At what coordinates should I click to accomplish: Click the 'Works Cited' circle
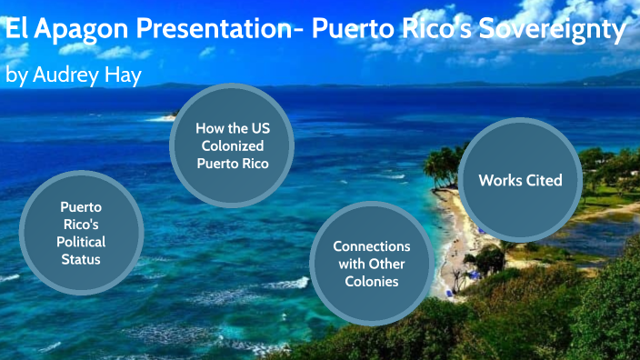pyautogui.click(x=520, y=180)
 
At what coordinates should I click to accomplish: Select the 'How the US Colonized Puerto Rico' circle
pyautogui.click(x=232, y=145)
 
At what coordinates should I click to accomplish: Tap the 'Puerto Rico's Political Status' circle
pyautogui.click(x=82, y=233)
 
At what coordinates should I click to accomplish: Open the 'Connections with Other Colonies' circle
pyautogui.click(x=371, y=264)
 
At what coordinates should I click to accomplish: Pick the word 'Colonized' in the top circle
pyautogui.click(x=232, y=145)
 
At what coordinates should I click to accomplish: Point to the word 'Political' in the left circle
pyautogui.click(x=82, y=242)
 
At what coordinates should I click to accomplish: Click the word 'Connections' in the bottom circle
pyautogui.click(x=371, y=246)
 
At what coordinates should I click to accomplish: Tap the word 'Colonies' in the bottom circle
pyautogui.click(x=371, y=282)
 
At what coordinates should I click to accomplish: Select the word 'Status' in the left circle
pyautogui.click(x=82, y=259)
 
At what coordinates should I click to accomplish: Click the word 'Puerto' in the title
pyautogui.click(x=350, y=31)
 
